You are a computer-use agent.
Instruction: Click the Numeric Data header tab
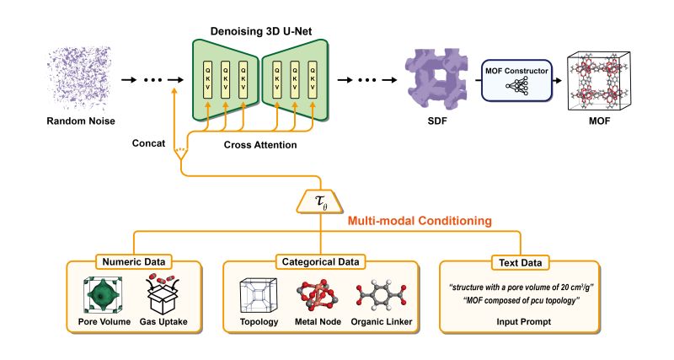(x=133, y=261)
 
